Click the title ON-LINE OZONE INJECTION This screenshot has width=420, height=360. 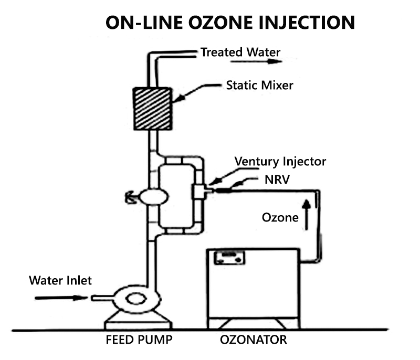(230, 23)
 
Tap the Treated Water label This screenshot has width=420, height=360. (240, 52)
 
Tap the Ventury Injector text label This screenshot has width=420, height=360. (280, 161)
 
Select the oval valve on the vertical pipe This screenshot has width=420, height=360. (153, 196)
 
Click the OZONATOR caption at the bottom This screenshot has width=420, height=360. (253, 341)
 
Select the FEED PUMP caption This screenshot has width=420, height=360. (139, 341)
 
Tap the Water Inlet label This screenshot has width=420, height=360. (60, 280)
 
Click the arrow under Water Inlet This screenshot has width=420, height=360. (61, 298)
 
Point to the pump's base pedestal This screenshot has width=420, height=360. (138, 319)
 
